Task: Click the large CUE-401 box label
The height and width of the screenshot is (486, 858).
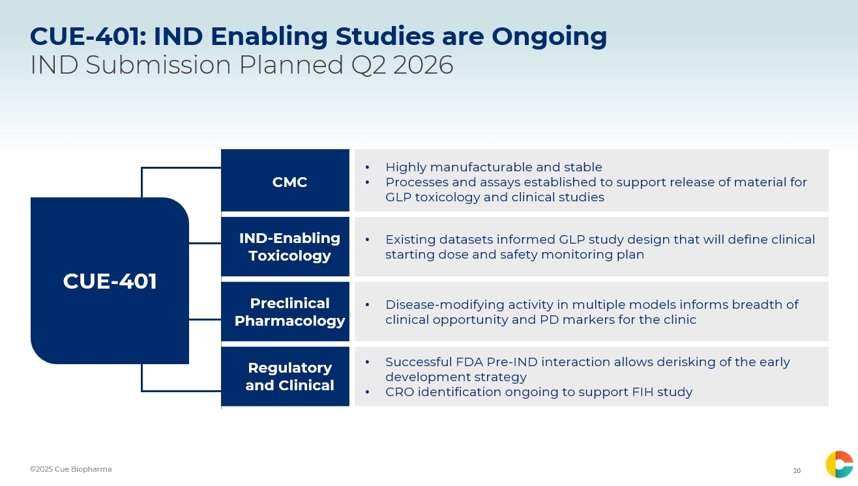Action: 110,281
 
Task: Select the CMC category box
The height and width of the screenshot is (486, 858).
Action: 286,180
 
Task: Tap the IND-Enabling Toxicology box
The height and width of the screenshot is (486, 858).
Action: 286,246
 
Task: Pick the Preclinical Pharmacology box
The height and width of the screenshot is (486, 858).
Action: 286,311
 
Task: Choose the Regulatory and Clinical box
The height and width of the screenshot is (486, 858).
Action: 286,377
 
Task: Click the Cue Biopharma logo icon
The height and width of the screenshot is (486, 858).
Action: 839,465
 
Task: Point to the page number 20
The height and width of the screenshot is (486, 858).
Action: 797,471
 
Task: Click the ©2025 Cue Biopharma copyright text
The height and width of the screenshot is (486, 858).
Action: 71,469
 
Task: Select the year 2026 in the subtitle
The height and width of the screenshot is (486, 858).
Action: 423,64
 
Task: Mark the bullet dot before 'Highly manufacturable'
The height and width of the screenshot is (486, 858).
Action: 367,167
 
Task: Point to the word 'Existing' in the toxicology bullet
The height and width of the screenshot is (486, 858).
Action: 411,240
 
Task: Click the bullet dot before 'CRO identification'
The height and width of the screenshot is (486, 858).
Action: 367,392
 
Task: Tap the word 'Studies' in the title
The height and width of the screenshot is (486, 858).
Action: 385,36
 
